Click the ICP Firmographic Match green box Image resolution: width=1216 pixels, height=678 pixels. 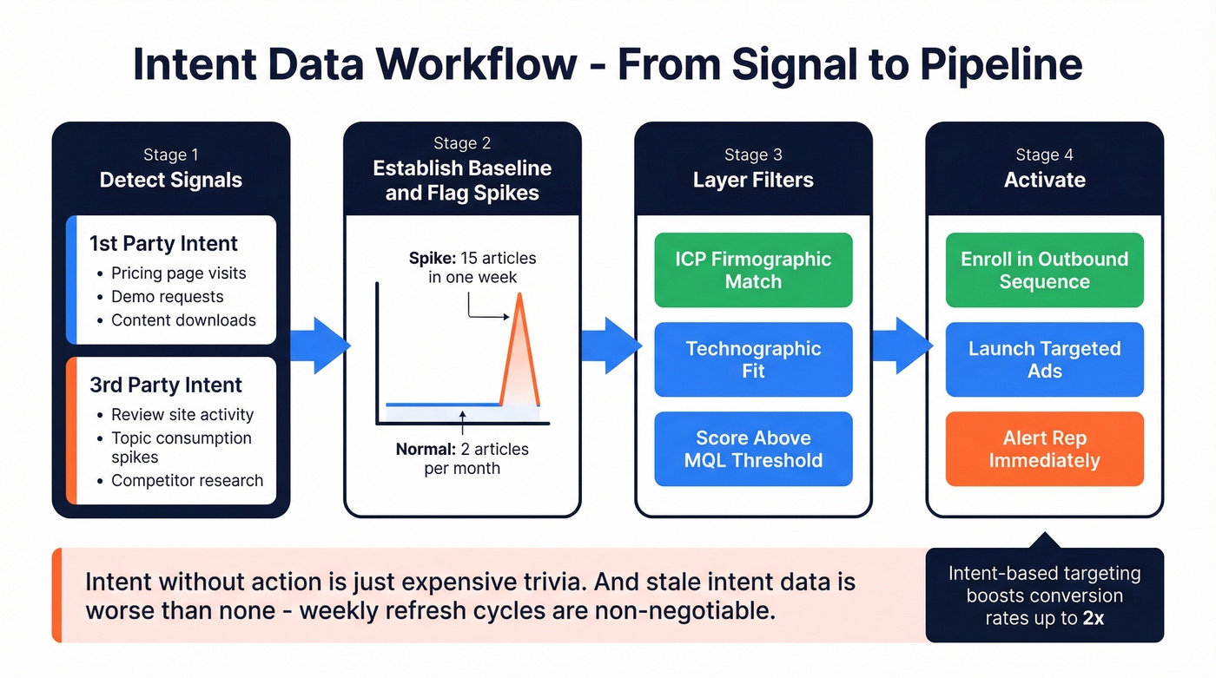pos(753,270)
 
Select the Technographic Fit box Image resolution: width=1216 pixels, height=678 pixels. pos(753,359)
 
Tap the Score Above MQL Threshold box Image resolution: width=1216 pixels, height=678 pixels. pos(753,449)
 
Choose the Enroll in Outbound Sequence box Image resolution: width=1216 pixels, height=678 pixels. pos(1044,270)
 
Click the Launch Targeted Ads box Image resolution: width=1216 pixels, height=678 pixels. pos(1044,359)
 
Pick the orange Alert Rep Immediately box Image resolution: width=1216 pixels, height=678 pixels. pos(1044,449)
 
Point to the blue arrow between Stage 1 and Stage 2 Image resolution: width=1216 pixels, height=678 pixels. pos(318,346)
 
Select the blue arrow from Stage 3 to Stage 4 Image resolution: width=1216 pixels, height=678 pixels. pos(900,346)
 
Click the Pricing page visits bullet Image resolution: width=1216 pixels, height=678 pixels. pos(178,273)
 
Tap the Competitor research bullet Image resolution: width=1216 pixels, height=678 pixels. pos(187,481)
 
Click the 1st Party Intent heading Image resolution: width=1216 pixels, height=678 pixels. pos(163,244)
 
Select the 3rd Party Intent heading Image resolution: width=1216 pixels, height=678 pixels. pos(166,385)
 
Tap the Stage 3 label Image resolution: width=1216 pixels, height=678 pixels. pos(753,155)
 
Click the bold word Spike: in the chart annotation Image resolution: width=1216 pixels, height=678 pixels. pos(433,259)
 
